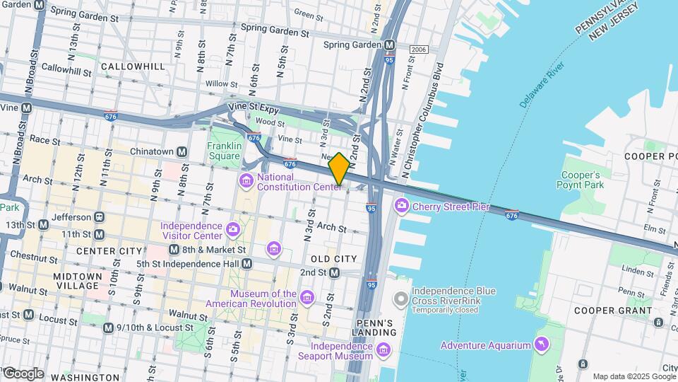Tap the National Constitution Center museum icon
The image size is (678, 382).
(x=246, y=181)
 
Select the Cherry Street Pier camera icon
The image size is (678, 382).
(x=402, y=206)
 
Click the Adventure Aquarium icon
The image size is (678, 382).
(x=541, y=345)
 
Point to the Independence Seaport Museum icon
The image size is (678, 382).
(x=383, y=350)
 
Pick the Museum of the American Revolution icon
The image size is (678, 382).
(x=307, y=298)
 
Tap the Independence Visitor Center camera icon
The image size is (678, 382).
(x=232, y=229)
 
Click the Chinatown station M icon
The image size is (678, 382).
(x=182, y=151)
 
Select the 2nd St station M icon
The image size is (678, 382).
(x=335, y=272)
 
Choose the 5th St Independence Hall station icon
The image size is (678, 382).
(x=246, y=264)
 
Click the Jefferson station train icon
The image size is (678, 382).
(x=100, y=216)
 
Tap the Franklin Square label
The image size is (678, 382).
(x=225, y=151)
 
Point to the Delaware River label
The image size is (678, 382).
(x=541, y=85)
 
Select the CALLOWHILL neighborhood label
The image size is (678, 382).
(x=133, y=66)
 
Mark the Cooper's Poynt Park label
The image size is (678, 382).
(x=581, y=180)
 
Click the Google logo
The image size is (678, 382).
(x=23, y=374)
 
